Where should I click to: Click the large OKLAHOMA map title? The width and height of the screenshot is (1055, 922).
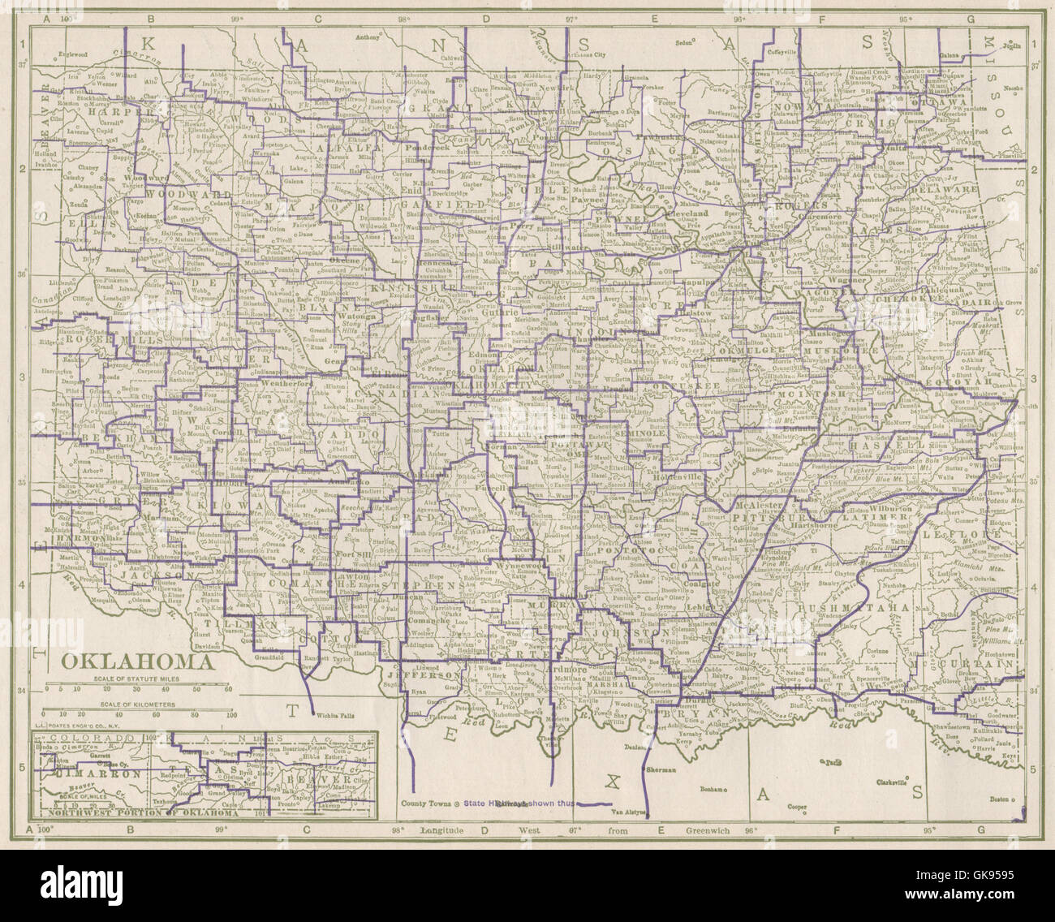(136, 660)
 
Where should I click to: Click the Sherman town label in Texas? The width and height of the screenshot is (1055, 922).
(661, 769)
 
